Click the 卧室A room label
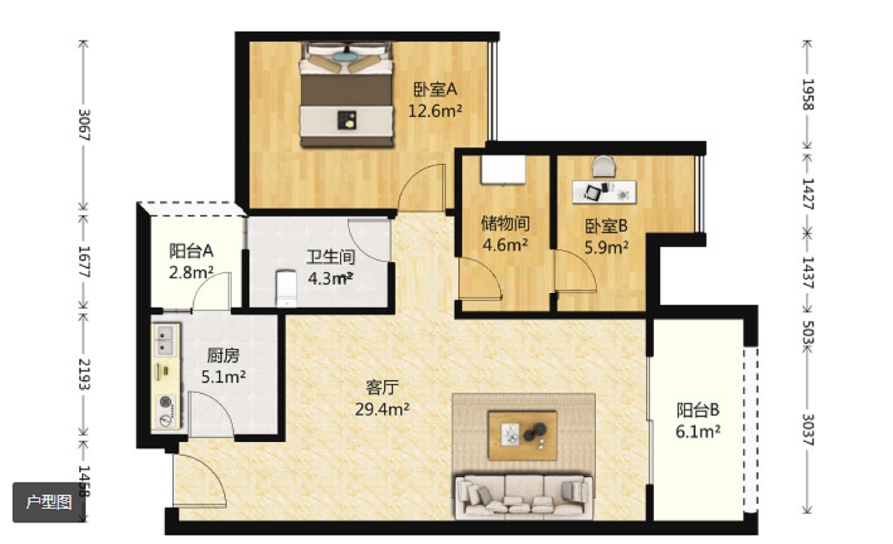coord(435,89)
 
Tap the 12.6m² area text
coord(435,111)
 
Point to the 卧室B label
coord(606,226)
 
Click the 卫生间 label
coord(330,257)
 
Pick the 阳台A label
coord(191,251)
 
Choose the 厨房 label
coord(223,355)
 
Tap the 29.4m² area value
coord(382,409)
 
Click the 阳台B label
coord(698,410)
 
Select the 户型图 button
coord(49,502)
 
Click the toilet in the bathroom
coord(286,288)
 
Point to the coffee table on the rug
coord(522,435)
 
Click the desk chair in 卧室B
coord(603,166)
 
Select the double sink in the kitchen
coord(164,340)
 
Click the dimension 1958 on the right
coord(808,94)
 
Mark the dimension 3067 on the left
coord(84,125)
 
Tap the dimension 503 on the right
coord(808,332)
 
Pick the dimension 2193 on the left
coord(84,374)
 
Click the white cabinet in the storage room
coord(503,170)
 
